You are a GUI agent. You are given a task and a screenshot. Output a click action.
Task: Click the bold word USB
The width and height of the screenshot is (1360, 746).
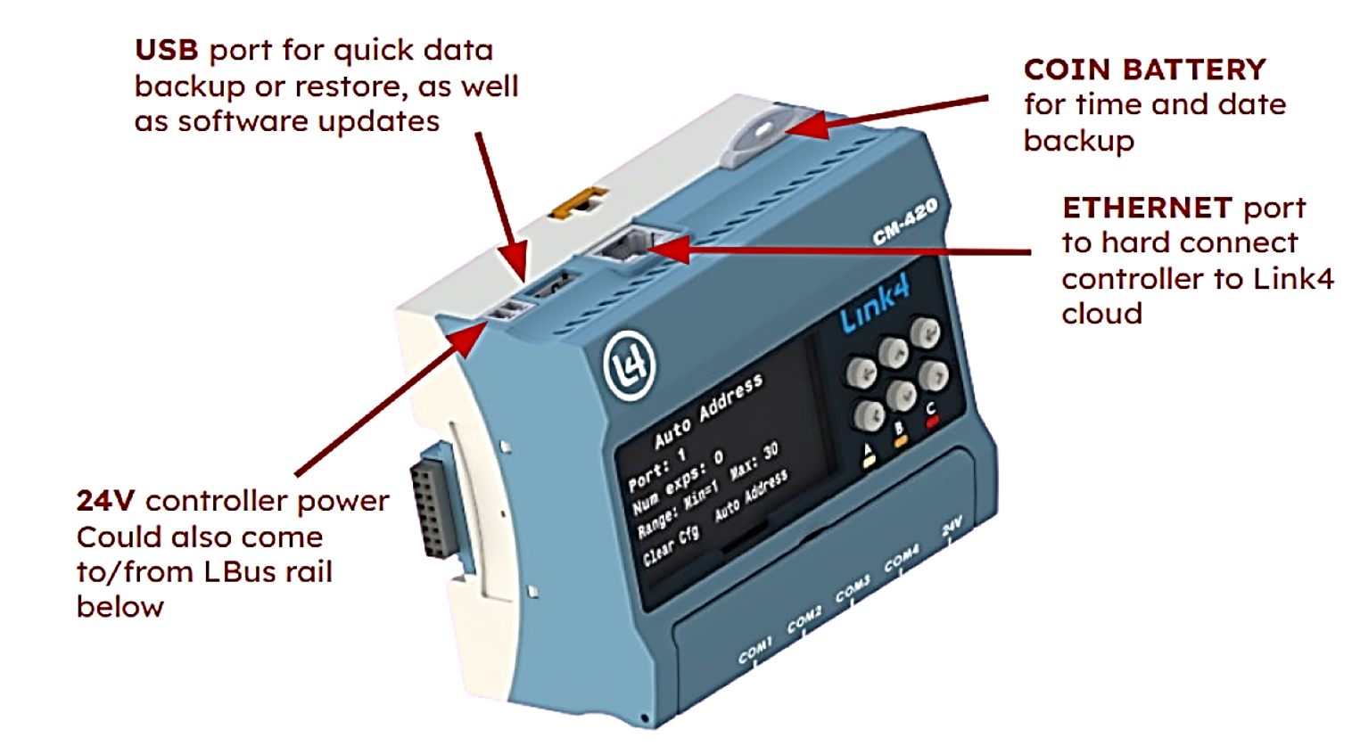click(x=166, y=50)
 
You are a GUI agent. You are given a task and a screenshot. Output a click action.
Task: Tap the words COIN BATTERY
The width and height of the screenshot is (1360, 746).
click(x=1144, y=70)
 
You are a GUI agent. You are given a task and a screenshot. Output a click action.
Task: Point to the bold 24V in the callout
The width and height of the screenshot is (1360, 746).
click(x=104, y=501)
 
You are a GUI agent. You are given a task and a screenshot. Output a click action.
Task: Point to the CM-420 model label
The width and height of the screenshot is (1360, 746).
click(x=904, y=221)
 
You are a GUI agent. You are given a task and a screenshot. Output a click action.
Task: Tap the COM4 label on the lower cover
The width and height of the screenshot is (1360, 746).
click(x=901, y=559)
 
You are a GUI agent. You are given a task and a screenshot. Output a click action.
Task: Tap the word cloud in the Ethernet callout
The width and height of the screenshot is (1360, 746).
click(x=1101, y=314)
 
